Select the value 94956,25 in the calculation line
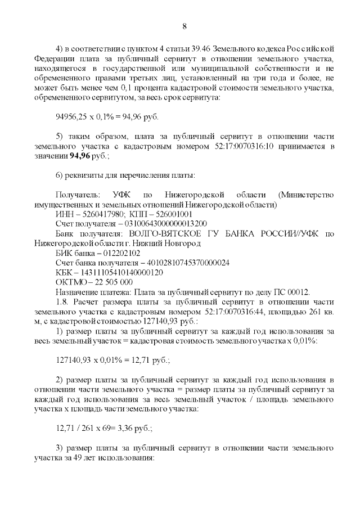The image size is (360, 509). pos(70,117)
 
